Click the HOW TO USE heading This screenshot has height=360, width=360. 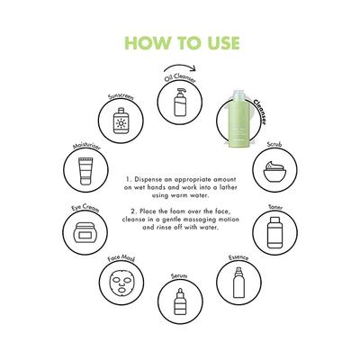180,42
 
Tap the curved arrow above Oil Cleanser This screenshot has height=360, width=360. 183,68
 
